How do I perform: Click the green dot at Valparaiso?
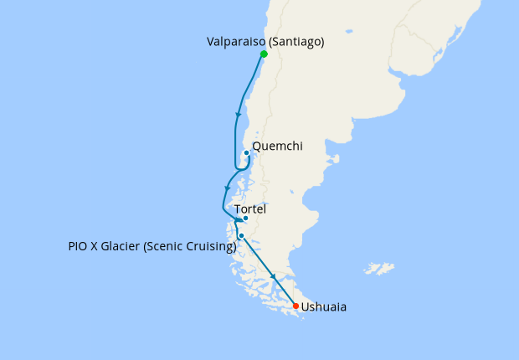(264, 54)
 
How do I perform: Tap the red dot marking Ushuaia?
(295, 306)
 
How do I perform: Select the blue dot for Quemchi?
(246, 152)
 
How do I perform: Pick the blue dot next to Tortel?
(245, 219)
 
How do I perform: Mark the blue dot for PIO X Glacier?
(241, 236)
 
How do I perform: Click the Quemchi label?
(277, 147)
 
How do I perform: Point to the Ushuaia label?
(323, 307)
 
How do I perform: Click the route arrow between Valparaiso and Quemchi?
(239, 115)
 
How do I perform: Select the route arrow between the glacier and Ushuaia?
(273, 277)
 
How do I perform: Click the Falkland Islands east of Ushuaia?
(381, 269)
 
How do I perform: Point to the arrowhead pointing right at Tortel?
(236, 219)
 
